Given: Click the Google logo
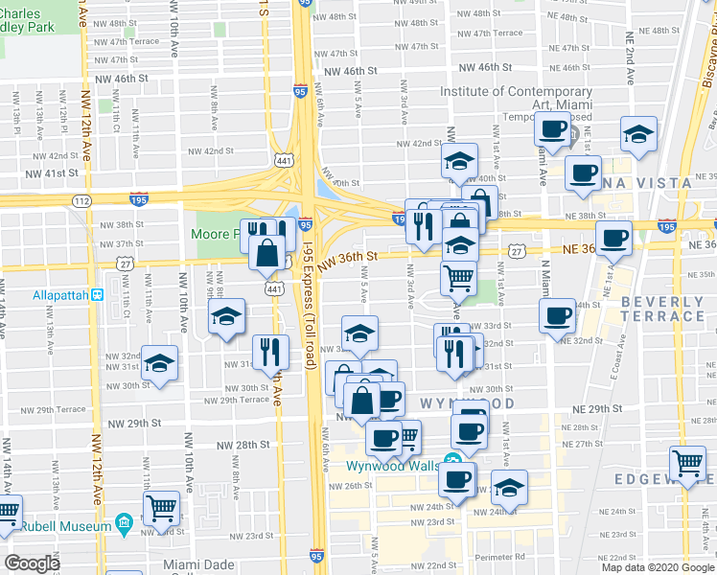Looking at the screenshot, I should (33, 563).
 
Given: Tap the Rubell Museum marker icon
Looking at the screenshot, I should (123, 523).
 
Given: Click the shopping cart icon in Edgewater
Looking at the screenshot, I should (687, 464).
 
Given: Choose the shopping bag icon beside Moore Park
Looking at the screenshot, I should (268, 253).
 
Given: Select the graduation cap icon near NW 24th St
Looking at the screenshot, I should (509, 486).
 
